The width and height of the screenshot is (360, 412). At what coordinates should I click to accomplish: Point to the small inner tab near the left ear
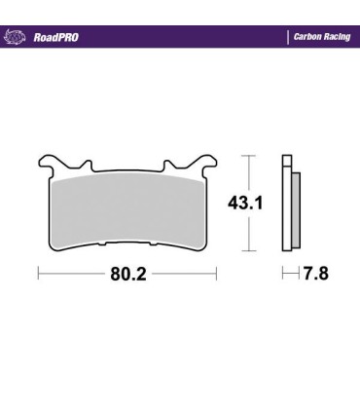click(87, 165)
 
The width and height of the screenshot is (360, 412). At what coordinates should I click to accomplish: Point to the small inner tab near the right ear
click(166, 165)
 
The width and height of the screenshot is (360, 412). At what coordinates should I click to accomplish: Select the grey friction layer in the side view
click(295, 209)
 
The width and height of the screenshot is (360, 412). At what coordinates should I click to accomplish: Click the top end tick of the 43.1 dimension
click(248, 155)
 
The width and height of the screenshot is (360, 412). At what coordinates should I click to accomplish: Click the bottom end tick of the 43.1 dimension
click(248, 252)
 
